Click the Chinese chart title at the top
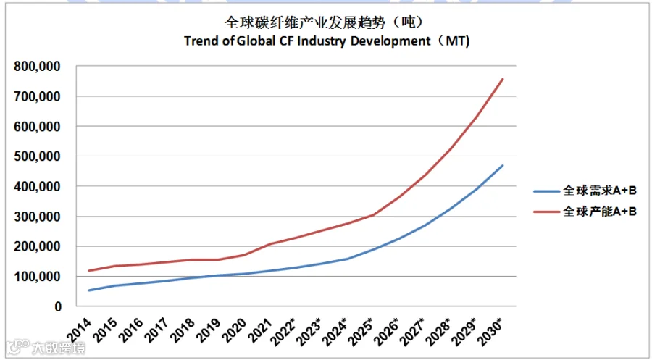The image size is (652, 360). (x=325, y=22)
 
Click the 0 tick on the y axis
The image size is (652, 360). (x=58, y=307)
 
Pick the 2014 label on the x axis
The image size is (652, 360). (x=79, y=330)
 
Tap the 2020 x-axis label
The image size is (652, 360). (x=234, y=330)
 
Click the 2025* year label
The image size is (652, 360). (x=360, y=331)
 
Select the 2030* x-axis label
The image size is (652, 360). (x=490, y=331)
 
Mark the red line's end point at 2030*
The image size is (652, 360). (x=503, y=78)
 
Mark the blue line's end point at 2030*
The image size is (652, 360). (x=503, y=165)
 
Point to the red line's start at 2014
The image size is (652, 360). (x=89, y=271)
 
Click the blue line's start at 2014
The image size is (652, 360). (x=89, y=290)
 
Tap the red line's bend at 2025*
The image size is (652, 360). (x=373, y=215)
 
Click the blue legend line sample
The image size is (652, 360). (x=546, y=191)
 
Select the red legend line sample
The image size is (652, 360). (x=546, y=212)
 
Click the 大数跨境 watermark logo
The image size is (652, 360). (x=46, y=348)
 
